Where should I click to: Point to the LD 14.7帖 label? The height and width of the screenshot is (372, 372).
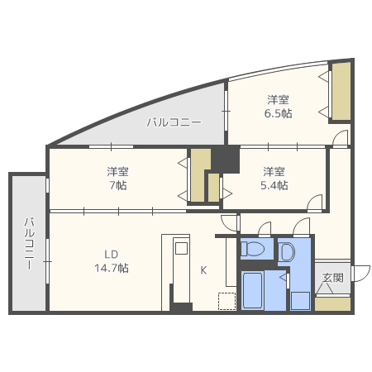pos(112,261)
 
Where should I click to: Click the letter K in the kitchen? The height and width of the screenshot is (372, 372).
pos(203,270)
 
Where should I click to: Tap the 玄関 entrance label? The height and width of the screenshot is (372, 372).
pos(333,278)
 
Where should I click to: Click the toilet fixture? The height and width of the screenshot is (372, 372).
pos(252,249)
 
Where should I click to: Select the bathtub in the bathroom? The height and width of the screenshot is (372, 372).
pos(253,290)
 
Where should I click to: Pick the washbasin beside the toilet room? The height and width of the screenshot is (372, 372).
pos(287,251)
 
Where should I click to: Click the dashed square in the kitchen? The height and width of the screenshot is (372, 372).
pos(227,301)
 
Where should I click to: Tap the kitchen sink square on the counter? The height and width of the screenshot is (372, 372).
pos(181,248)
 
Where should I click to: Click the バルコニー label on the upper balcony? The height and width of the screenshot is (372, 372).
pos(174,122)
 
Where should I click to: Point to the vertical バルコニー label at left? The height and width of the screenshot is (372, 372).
pos(30,244)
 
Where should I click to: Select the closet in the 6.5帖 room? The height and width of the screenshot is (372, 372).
pos(341,92)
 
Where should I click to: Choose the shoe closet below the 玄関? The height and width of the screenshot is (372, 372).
pos(333,304)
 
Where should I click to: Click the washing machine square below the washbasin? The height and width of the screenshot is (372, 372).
pos(300,301)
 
